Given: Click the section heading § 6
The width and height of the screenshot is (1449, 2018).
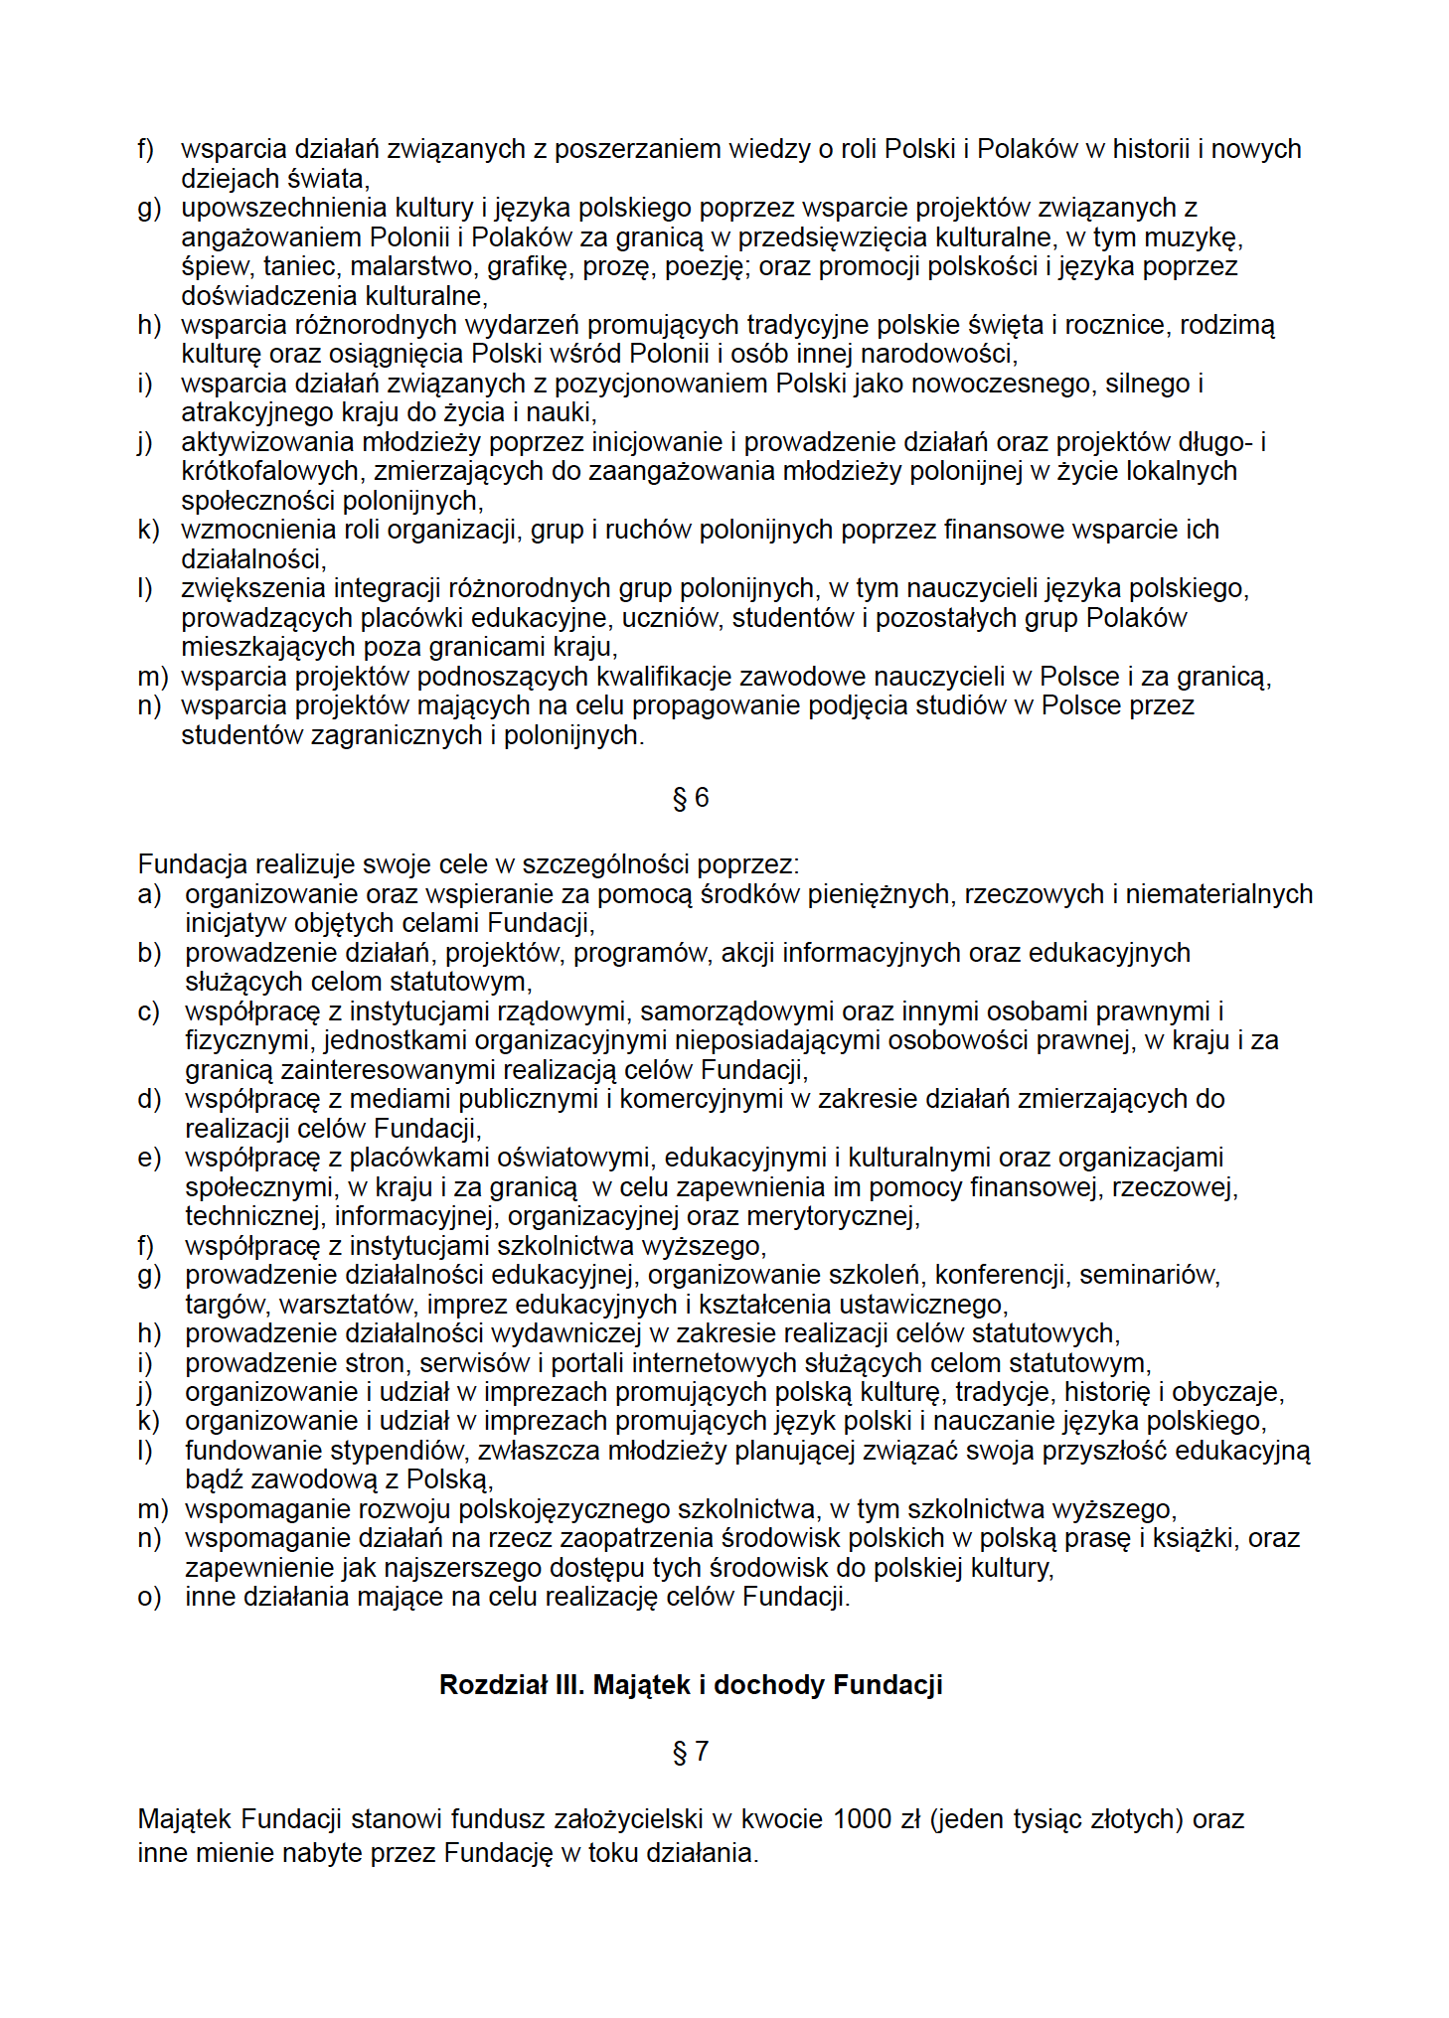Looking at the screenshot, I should [691, 798].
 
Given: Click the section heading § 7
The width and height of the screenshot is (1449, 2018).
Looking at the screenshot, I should [691, 1751].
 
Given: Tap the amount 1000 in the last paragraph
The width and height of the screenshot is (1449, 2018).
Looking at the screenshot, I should [862, 1818].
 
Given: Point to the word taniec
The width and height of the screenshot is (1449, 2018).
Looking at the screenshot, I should [299, 266].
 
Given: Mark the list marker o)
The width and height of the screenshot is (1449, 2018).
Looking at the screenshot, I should [149, 1597].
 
